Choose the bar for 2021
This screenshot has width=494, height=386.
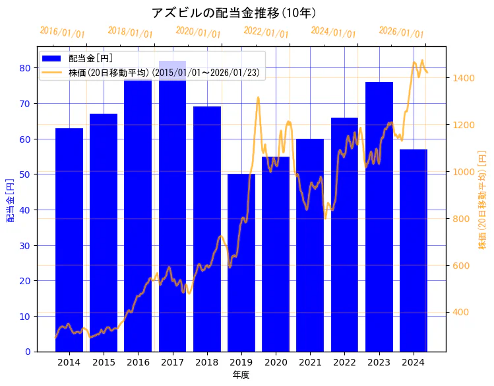point(310,245)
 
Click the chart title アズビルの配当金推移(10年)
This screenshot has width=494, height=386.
point(235,13)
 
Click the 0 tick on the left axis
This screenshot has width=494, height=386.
point(28,352)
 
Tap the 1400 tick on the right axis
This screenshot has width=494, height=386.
point(463,78)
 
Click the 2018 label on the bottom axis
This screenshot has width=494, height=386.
point(207,362)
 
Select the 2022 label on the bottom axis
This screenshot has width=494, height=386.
point(344,362)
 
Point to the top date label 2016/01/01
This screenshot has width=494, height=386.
point(62,32)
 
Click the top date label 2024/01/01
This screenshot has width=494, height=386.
point(333,32)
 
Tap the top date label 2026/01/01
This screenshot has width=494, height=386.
point(401,32)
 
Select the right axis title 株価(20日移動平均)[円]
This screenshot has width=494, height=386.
point(482,200)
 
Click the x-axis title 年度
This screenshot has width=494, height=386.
point(241,375)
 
